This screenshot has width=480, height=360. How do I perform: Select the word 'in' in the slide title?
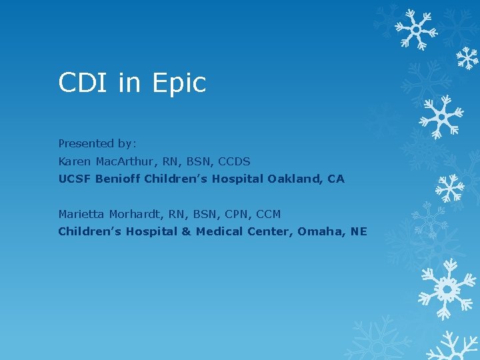130,83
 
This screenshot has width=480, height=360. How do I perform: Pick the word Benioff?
117,179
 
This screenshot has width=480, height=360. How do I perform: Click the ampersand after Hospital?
187,231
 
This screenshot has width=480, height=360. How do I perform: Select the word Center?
271,231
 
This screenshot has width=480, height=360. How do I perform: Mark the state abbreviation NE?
359,231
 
